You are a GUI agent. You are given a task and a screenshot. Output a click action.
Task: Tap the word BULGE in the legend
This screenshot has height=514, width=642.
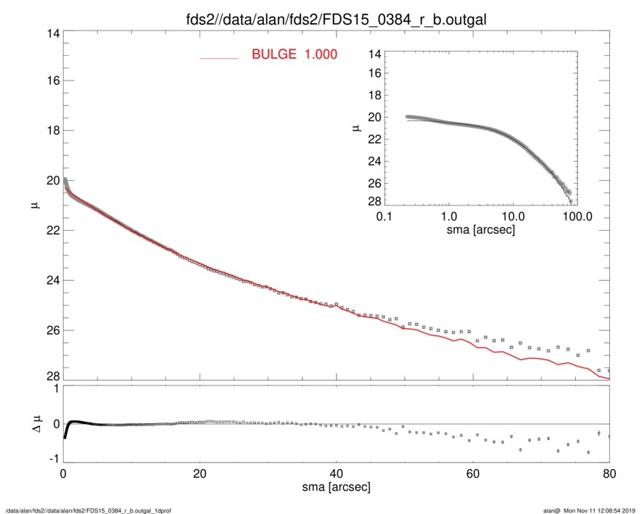274,54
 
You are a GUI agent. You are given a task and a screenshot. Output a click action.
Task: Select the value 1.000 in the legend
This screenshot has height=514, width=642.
320,54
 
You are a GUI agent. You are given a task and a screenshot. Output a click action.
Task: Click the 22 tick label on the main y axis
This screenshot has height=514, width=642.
52,231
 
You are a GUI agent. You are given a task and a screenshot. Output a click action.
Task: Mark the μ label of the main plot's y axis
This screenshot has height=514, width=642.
35,206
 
